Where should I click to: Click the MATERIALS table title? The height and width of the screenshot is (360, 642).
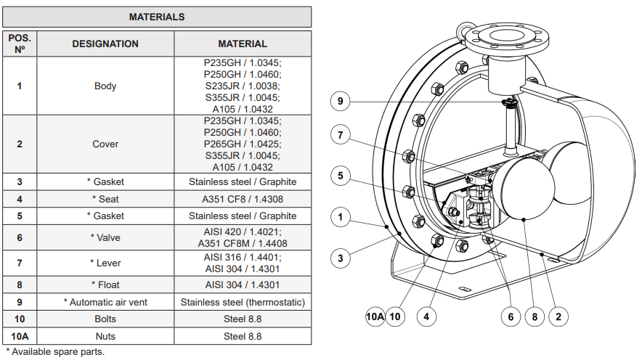pos(157,17)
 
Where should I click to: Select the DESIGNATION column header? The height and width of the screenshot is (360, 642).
pos(105,44)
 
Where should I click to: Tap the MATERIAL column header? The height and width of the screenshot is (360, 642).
pos(243,44)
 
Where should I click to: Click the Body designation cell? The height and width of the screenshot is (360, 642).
pos(105,86)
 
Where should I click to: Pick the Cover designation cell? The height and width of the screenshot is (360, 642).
pos(105,144)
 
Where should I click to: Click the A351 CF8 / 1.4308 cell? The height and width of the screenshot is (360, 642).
pos(243,199)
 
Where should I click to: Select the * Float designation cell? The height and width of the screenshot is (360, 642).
pos(105,285)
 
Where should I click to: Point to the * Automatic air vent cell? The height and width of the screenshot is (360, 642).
pos(105,302)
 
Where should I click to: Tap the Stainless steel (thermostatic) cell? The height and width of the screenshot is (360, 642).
pos(243,302)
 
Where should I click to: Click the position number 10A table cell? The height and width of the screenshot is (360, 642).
pos(20,336)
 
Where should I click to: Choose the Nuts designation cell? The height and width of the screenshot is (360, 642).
pos(105,336)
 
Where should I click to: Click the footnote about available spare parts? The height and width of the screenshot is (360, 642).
pos(55,352)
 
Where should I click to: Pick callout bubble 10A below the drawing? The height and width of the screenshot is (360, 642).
pos(375,316)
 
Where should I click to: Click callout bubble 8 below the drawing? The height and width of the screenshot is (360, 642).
pos(535,316)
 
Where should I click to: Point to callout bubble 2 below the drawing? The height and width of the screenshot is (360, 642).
pos(558,316)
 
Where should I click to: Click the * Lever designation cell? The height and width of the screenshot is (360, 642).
pos(105,262)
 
